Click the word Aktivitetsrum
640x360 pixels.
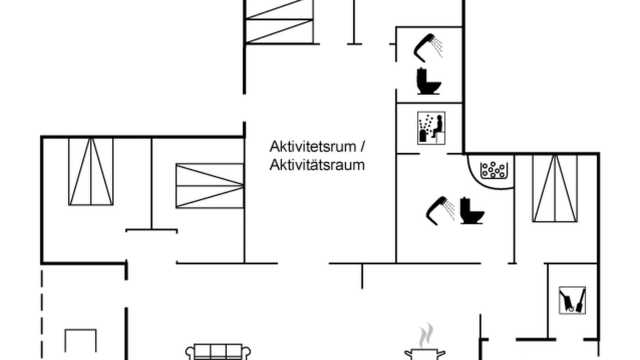[313, 146]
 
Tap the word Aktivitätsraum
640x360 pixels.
[317, 165]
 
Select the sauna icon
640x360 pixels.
[431, 128]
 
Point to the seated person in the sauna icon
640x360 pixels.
[438, 126]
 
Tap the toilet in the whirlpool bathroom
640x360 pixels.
[472, 210]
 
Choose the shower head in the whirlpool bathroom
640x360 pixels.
[439, 210]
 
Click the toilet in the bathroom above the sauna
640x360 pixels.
[428, 81]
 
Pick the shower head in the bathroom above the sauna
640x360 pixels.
[427, 47]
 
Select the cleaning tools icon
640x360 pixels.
[572, 300]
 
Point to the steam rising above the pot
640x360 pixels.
[425, 335]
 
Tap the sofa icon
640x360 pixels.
[218, 351]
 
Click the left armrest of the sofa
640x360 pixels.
[189, 353]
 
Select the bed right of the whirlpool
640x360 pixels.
[554, 188]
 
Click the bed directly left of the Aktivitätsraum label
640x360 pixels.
[209, 186]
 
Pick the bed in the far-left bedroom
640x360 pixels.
[91, 171]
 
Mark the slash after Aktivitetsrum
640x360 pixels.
[362, 146]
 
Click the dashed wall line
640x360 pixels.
[42, 314]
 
